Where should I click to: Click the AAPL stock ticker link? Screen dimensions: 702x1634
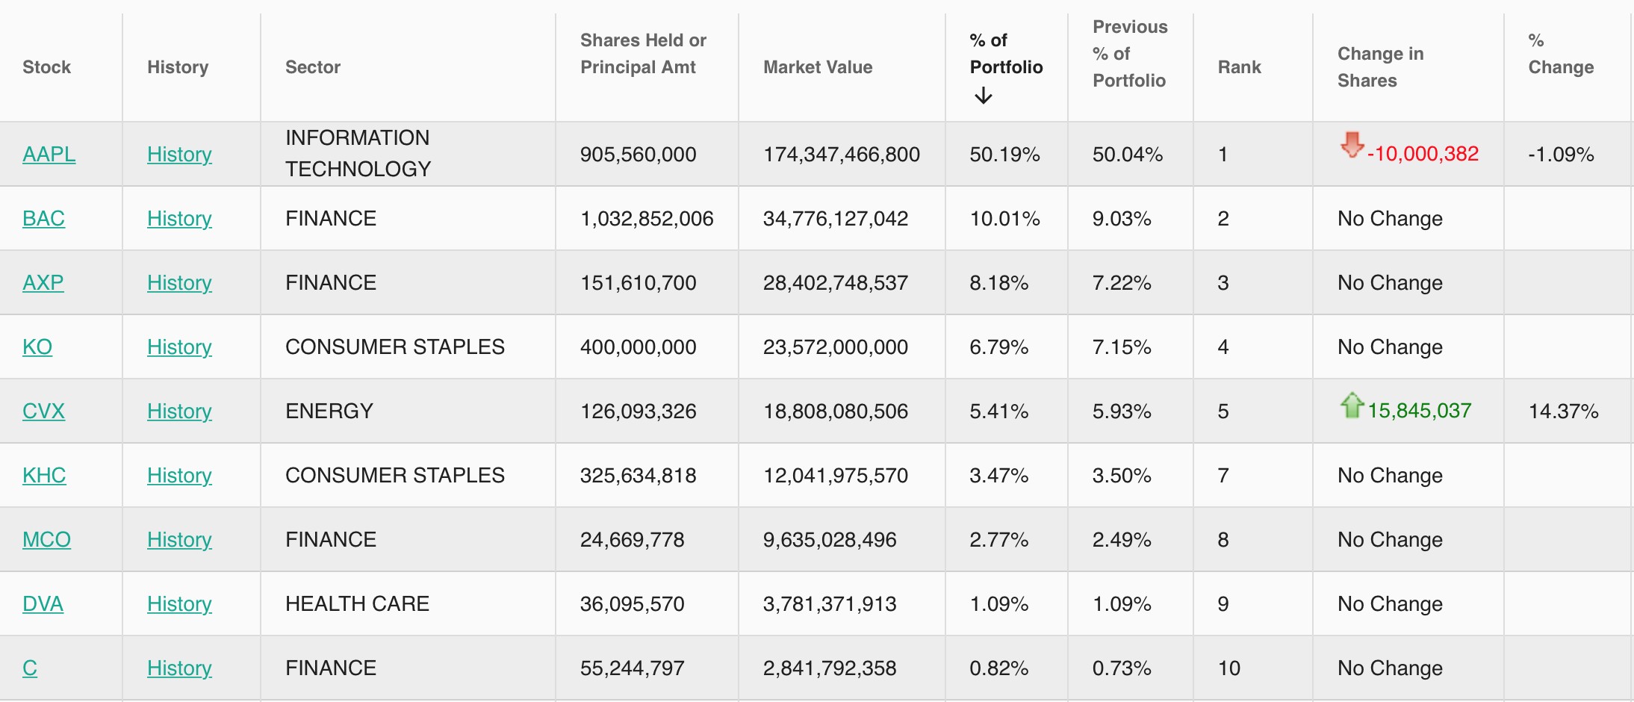49,155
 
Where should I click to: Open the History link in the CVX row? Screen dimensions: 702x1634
179,411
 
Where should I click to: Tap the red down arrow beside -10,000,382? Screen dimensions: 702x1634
1352,145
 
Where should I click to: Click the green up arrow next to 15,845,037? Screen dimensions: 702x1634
1352,406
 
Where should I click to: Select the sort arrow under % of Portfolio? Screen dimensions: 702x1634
984,96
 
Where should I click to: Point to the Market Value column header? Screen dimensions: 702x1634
818,67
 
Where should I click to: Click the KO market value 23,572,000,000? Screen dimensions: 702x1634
835,347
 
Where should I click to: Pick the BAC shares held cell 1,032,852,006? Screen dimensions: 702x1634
647,219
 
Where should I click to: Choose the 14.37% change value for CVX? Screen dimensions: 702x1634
1563,411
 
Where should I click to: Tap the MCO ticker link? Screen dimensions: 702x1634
46,540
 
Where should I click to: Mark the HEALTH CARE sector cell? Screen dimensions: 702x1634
357,604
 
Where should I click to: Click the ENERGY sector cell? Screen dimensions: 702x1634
329,411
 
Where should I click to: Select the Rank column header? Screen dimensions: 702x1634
1239,67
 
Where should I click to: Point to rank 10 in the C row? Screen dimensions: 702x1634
1228,668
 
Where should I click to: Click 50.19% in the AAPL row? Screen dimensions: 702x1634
1004,155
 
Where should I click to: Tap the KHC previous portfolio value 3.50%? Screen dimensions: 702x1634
1122,476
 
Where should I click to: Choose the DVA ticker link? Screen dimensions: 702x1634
43,604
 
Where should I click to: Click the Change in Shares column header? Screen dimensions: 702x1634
1380,67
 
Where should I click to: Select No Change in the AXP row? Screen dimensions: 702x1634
1390,283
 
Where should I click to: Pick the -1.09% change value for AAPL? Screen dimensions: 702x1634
1561,155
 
